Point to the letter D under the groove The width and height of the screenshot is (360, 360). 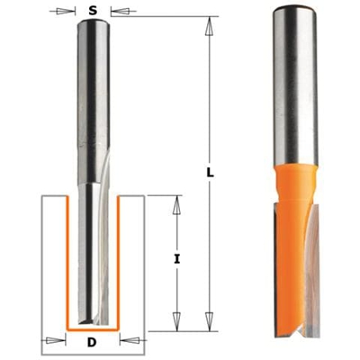93,343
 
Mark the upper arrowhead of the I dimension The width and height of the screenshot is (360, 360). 175,202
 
